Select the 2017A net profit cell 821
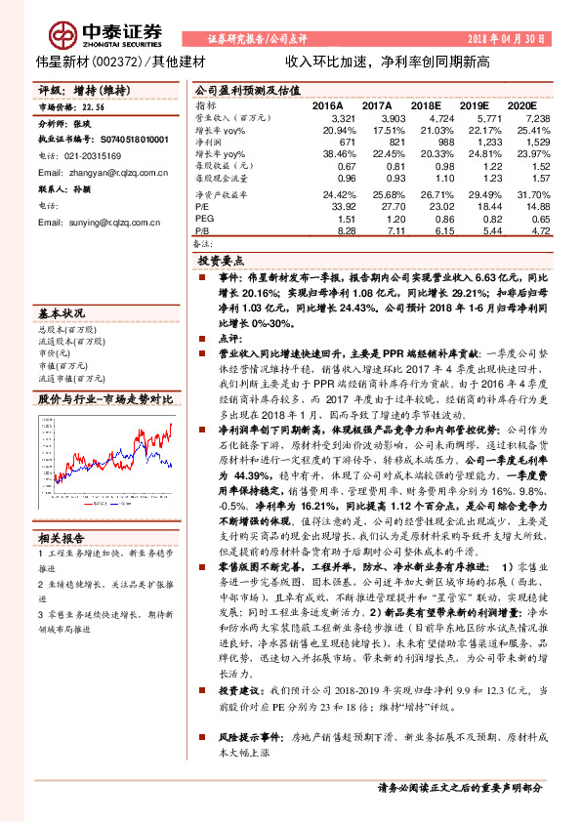tap(380, 142)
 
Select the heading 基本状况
tap(62, 314)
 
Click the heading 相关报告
tap(62, 538)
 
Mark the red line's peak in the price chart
tap(172, 426)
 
